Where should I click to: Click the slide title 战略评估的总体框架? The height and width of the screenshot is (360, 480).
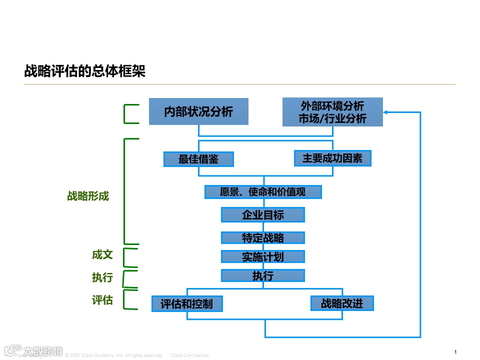(x=85, y=71)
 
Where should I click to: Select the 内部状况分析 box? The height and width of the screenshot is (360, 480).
(x=198, y=111)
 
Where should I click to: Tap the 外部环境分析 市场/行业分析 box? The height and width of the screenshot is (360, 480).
(x=332, y=112)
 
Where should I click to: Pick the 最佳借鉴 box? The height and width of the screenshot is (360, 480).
(x=198, y=159)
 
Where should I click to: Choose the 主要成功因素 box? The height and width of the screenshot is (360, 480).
(x=332, y=158)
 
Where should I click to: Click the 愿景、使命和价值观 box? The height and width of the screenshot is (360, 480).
(x=263, y=192)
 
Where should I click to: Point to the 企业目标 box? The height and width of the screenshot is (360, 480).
(x=263, y=215)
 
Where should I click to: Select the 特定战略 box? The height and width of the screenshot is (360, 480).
(x=263, y=237)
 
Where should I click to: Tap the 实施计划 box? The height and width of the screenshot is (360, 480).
(x=263, y=256)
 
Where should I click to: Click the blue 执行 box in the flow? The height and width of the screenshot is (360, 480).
(x=263, y=275)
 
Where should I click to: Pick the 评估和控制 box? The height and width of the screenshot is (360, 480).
(x=186, y=303)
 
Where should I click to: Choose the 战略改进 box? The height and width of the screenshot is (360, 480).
(x=342, y=303)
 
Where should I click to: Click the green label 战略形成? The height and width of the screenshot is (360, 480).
(x=88, y=196)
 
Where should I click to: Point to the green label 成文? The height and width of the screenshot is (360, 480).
(x=102, y=254)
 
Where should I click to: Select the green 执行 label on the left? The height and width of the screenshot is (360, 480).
(x=102, y=277)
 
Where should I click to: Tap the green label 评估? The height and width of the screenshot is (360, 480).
(x=102, y=300)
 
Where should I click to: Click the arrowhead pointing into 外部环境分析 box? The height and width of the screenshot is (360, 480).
(x=386, y=112)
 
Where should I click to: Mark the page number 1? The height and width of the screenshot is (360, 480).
(x=455, y=352)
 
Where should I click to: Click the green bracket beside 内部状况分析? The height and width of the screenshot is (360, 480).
(x=126, y=113)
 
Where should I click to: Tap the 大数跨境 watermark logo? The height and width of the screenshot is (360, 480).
(x=33, y=350)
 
